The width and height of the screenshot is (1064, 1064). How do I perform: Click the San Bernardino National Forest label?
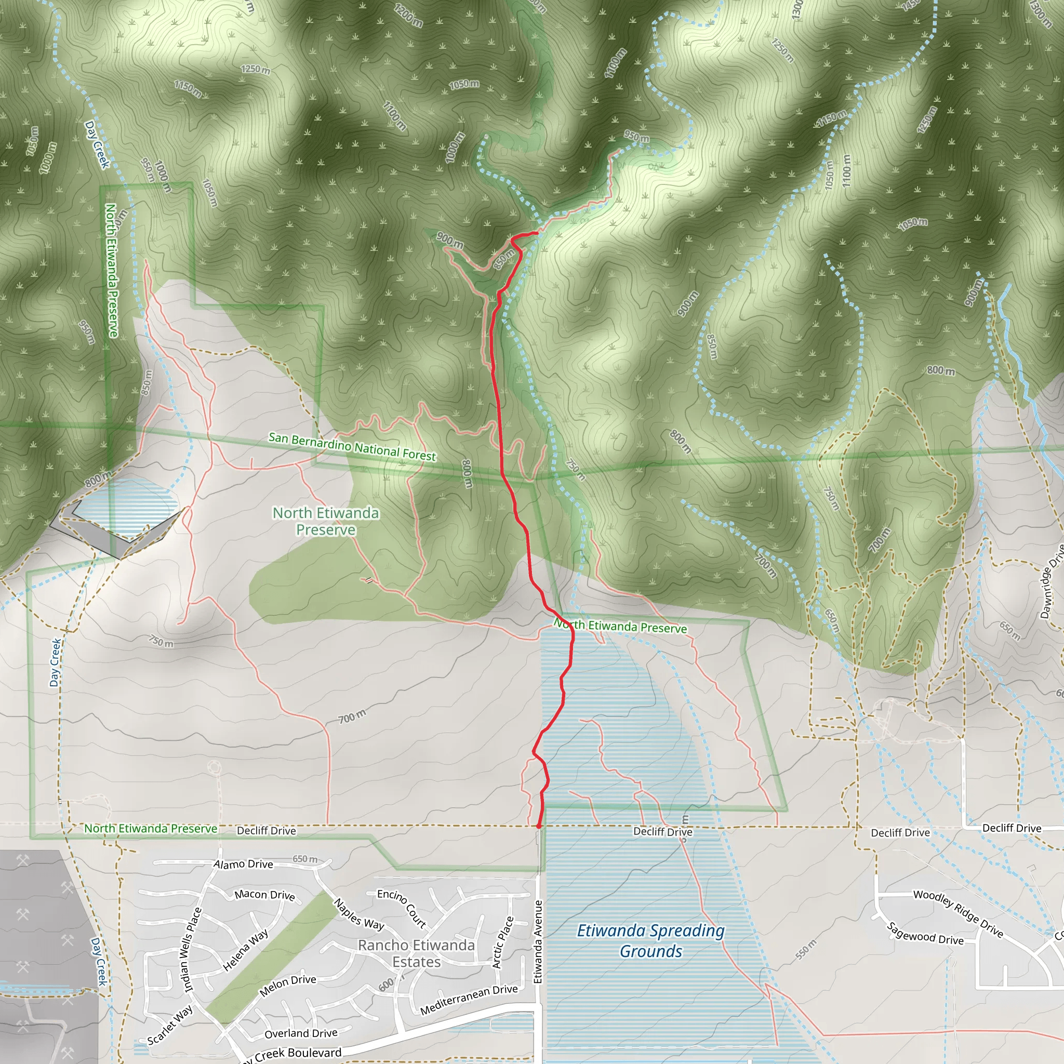point(352,446)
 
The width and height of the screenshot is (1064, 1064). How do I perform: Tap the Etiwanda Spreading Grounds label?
point(650,941)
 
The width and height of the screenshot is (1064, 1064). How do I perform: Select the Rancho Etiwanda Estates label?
point(416,953)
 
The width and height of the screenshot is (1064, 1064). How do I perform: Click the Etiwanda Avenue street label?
point(538,941)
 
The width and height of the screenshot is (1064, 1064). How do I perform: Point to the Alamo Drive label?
point(244,864)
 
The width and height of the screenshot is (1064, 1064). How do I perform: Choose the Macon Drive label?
point(265,895)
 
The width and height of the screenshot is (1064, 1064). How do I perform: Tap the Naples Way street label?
point(358,914)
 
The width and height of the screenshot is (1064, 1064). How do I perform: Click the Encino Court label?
point(402,908)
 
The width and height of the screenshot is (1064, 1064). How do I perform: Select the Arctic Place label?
point(503,942)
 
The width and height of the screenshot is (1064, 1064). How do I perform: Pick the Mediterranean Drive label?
point(469,1000)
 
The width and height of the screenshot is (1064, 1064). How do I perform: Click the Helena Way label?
point(246,950)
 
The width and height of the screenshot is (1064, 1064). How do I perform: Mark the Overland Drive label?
point(301,1033)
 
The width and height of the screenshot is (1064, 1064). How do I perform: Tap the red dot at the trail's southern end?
point(538,826)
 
